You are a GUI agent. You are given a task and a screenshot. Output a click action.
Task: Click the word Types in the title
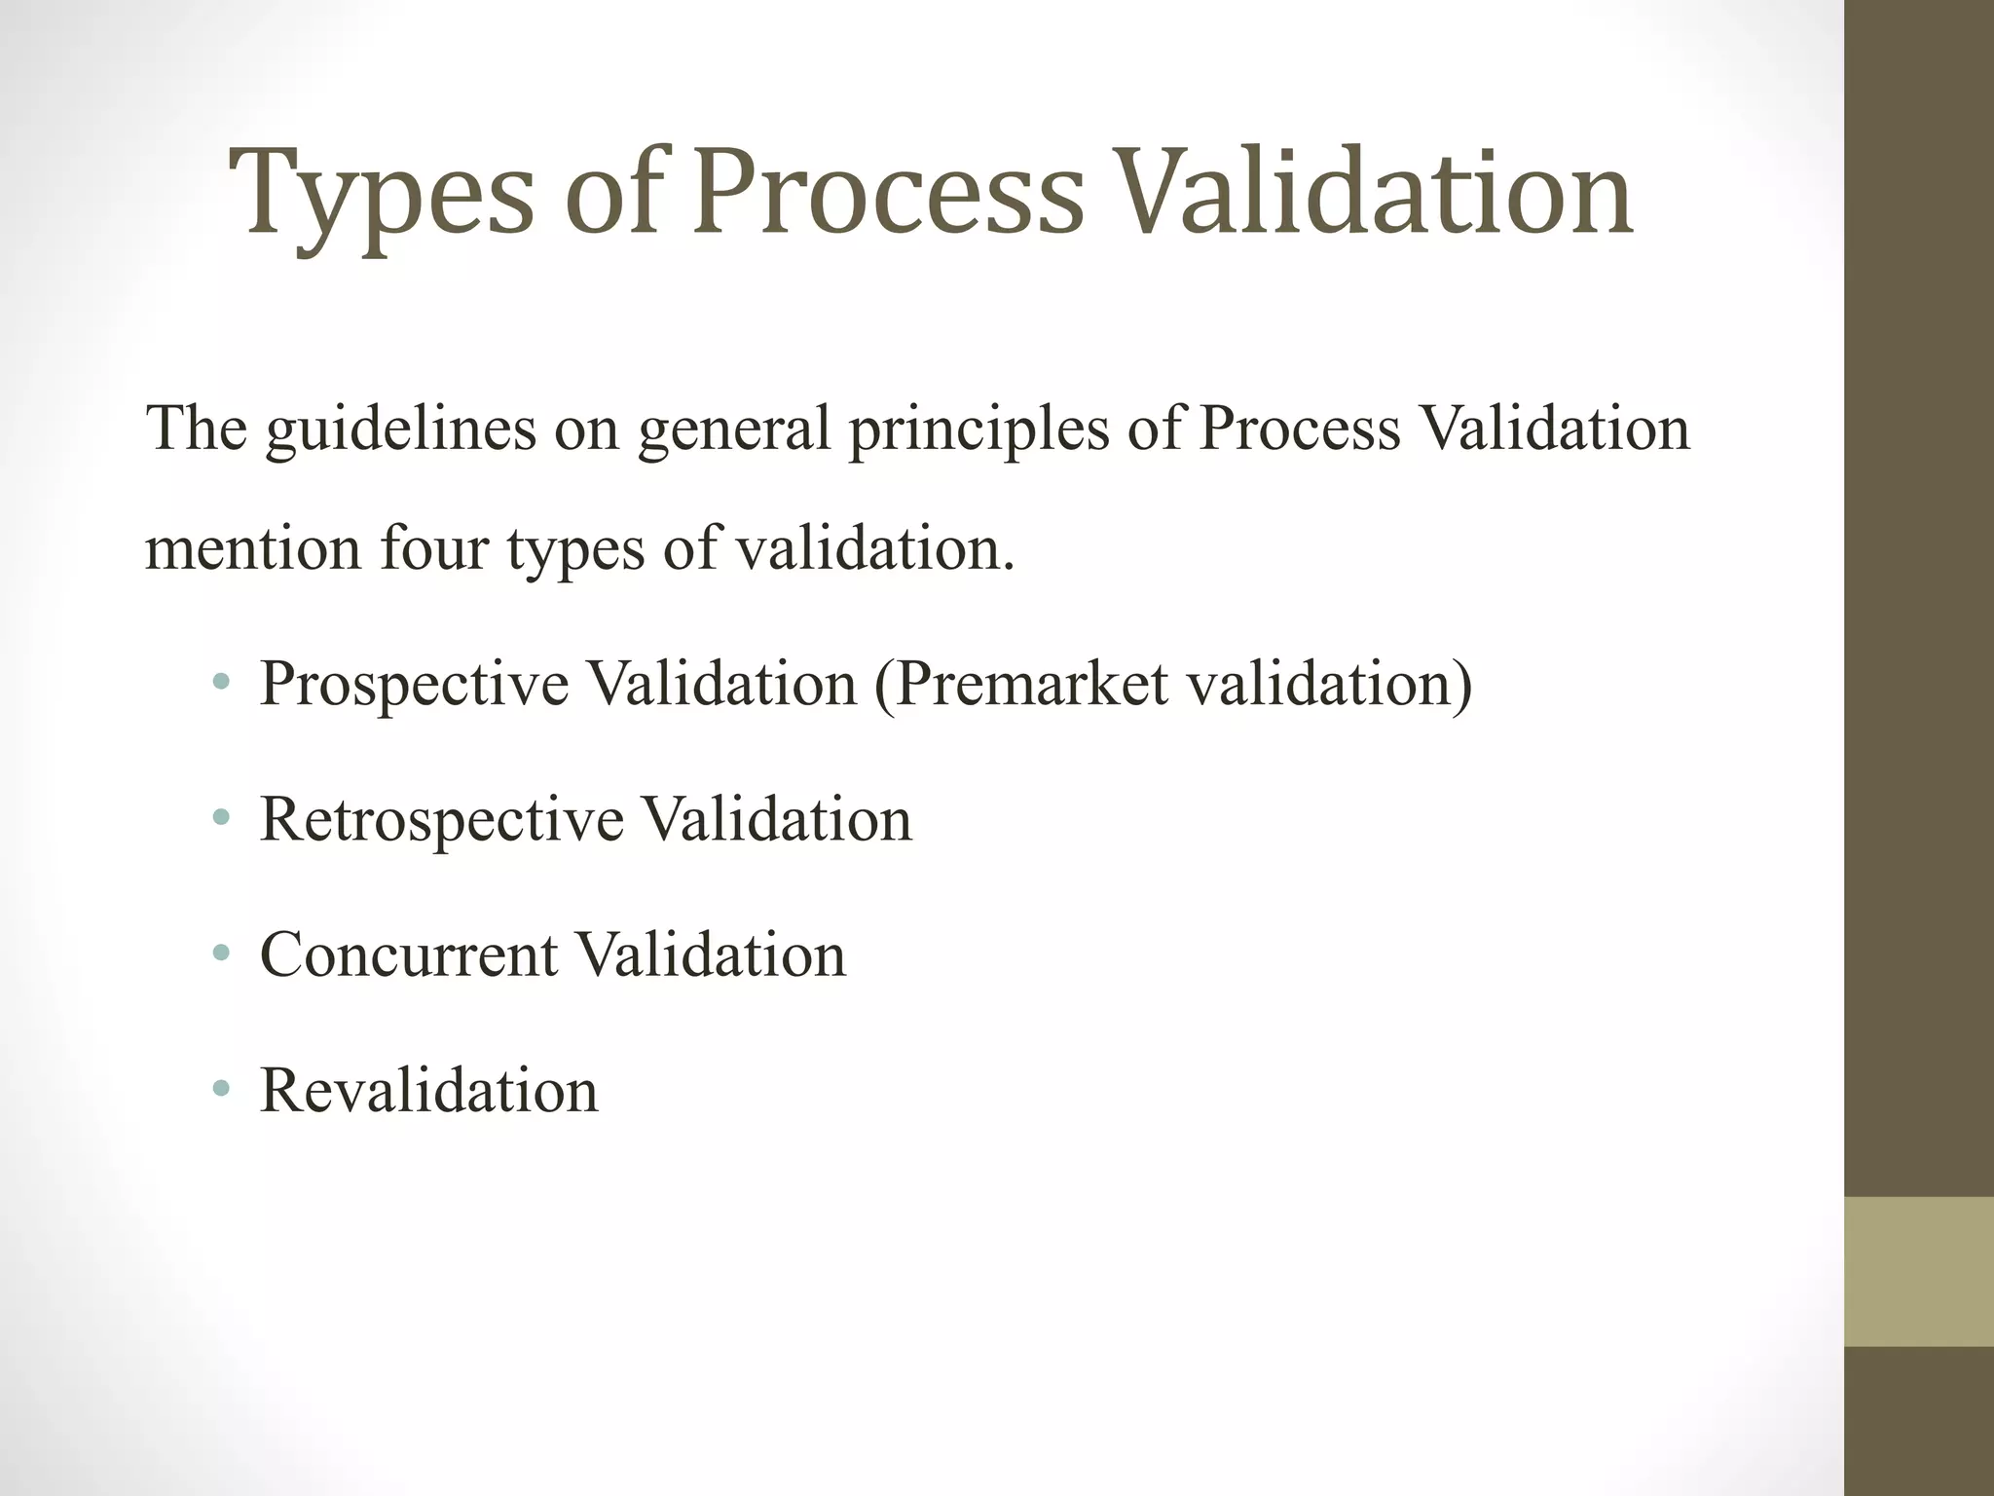[381, 195]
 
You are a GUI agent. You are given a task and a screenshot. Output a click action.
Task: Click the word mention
[254, 548]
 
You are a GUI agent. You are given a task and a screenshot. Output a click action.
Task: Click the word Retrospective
[441, 819]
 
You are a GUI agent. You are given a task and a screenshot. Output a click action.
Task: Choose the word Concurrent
[409, 954]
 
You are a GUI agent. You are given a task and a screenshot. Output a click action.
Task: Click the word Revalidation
[428, 1090]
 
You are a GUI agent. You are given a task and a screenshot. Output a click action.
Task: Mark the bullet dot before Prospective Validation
[221, 683]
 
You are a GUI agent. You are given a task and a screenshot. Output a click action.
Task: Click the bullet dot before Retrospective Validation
[221, 818]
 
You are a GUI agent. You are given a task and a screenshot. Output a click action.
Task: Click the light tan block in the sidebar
[1918, 1271]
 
